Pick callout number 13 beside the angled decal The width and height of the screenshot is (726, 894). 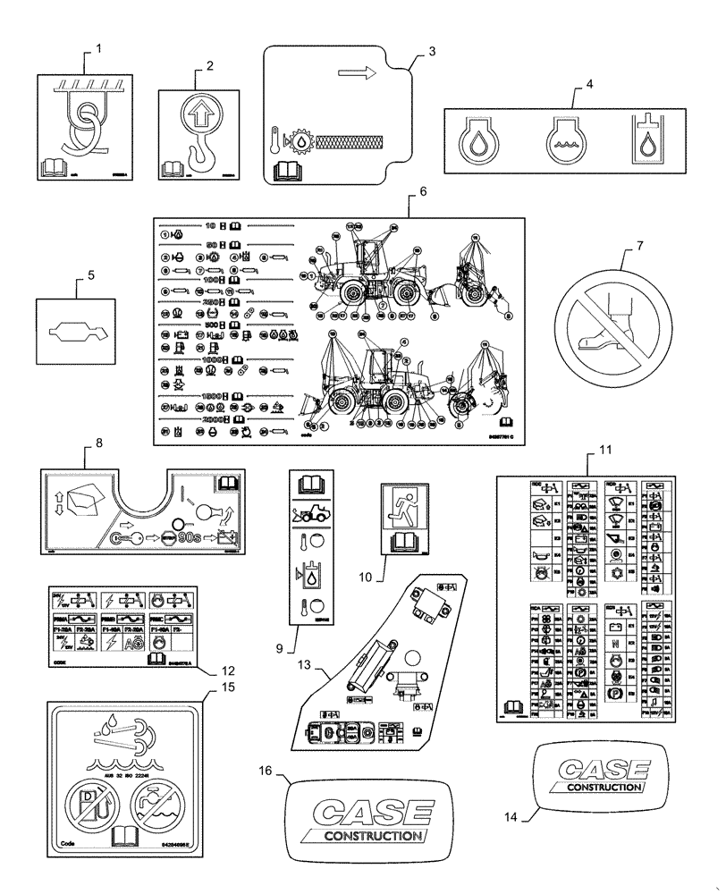306,667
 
